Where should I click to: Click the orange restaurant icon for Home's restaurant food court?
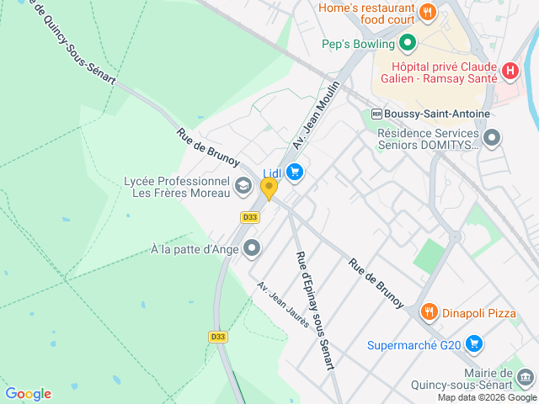tap(428, 12)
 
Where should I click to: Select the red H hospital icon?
tap(509, 72)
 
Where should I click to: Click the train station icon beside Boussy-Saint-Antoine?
tap(376, 114)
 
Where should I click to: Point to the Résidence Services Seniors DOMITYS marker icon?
tap(492, 137)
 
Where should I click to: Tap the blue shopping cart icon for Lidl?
tap(294, 173)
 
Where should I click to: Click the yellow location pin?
tap(269, 189)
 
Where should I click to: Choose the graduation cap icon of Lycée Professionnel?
tap(243, 185)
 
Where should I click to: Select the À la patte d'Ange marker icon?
tap(252, 248)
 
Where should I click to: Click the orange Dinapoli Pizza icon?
tap(429, 312)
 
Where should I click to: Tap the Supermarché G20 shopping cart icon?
tap(474, 343)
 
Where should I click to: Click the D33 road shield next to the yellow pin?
tap(249, 216)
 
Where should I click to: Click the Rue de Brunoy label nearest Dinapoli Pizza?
tap(376, 283)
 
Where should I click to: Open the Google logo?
tap(28, 393)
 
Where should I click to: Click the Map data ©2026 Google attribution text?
tap(486, 397)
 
